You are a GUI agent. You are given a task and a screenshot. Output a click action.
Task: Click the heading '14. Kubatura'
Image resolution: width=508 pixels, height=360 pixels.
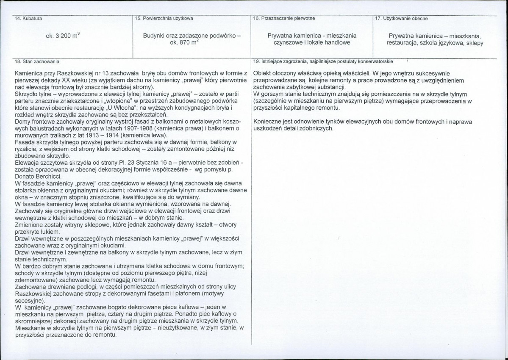point(28,19)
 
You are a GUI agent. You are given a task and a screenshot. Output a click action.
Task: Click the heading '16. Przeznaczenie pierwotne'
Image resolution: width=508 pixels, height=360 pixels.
point(284,19)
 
